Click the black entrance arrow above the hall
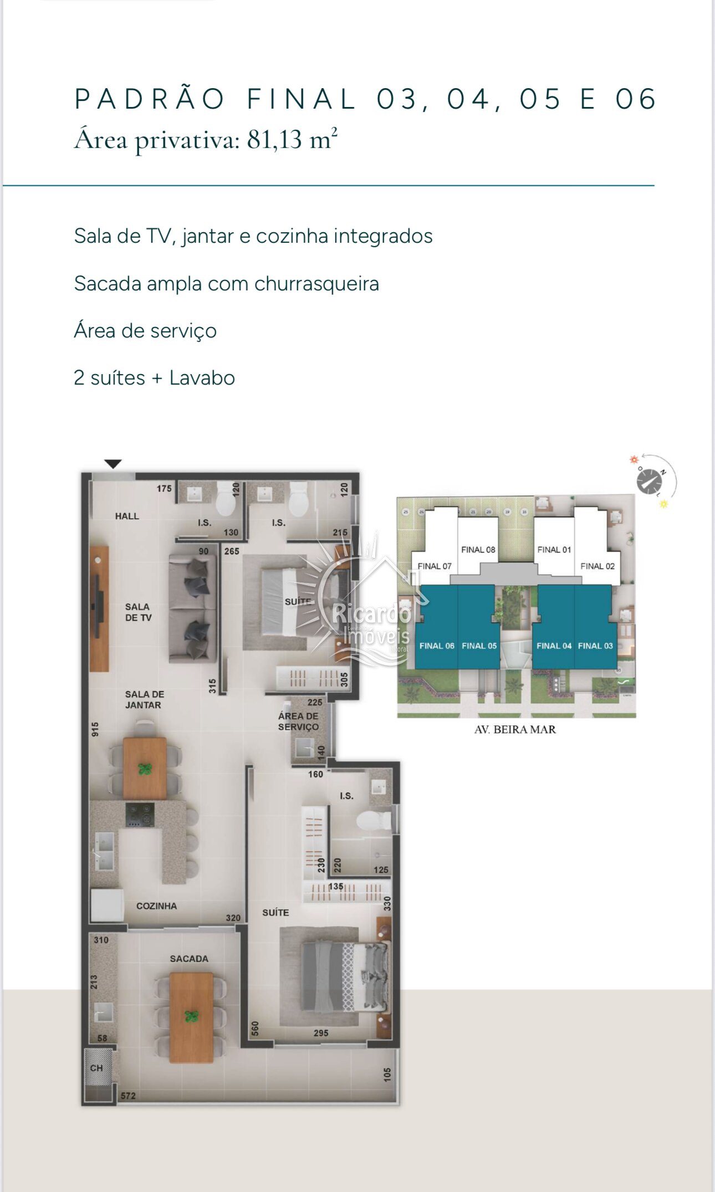click(113, 464)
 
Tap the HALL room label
click(127, 516)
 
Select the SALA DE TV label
click(138, 612)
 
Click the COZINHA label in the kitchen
click(156, 905)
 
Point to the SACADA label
click(189, 958)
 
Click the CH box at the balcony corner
click(97, 1068)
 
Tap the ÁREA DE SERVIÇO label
click(298, 721)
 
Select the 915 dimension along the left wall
click(95, 729)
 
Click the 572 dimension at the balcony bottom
click(128, 1096)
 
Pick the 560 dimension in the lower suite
click(255, 1028)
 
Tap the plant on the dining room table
click(145, 769)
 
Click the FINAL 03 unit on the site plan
click(595, 645)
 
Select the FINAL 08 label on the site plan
click(478, 549)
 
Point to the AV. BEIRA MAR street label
click(515, 729)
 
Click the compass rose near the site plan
click(650, 480)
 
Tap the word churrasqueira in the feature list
click(316, 284)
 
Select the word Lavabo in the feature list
click(202, 378)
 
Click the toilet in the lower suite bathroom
click(372, 820)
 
